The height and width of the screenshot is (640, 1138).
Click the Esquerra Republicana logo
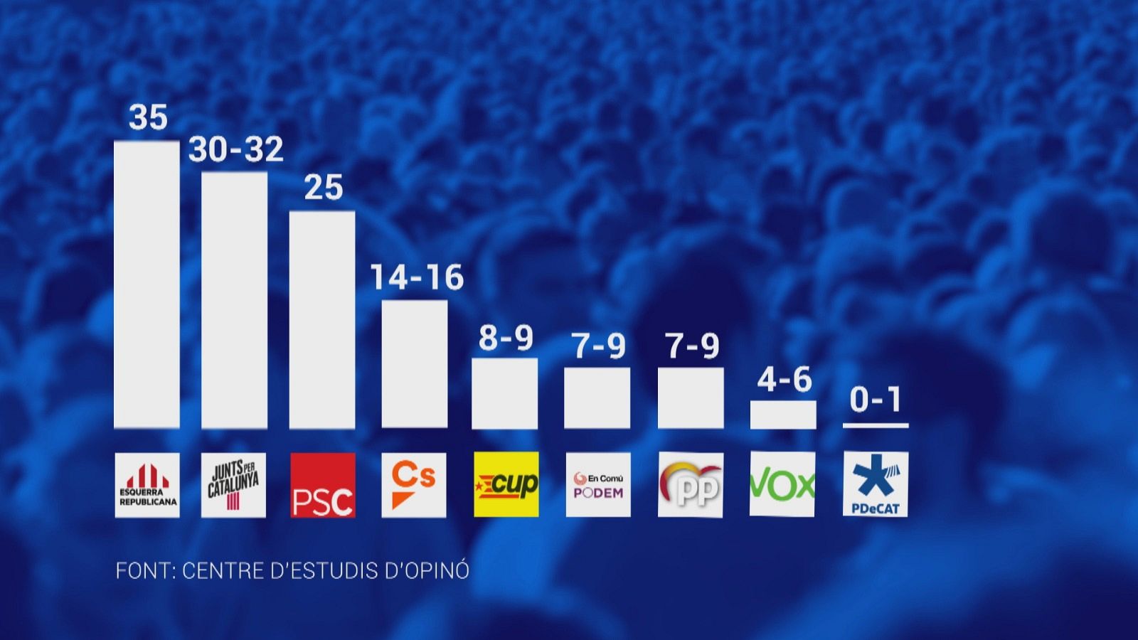147,485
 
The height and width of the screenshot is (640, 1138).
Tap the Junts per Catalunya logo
234,485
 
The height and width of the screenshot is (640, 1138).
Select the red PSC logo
323,485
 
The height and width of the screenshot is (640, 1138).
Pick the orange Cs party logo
414,485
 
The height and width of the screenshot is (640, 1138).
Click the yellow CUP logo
506,484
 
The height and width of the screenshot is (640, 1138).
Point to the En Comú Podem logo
598,484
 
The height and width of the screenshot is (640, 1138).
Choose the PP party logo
691,484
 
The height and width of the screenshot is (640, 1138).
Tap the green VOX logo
782,484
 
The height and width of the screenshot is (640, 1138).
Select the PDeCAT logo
876,484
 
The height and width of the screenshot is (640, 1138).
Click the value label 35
148,118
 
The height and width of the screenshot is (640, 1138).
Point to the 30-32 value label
235,150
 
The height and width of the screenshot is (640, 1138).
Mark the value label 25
324,188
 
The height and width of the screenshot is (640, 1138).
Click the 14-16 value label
417,277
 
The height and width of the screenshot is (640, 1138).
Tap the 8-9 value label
506,338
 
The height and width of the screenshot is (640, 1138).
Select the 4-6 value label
785,380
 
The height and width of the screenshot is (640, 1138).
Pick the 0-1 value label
876,400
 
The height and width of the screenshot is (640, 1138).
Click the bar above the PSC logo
322,320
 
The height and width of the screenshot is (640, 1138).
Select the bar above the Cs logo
415,364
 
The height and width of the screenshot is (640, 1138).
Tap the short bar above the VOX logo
783,415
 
